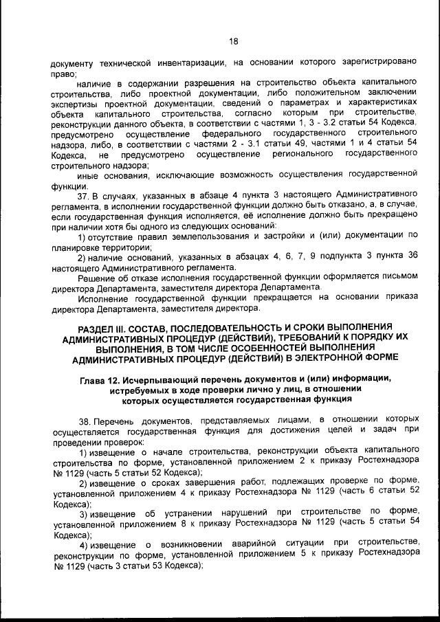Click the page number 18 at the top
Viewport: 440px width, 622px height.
233,41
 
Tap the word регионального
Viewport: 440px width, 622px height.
290,155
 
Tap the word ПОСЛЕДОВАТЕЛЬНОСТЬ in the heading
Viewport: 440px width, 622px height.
227,327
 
